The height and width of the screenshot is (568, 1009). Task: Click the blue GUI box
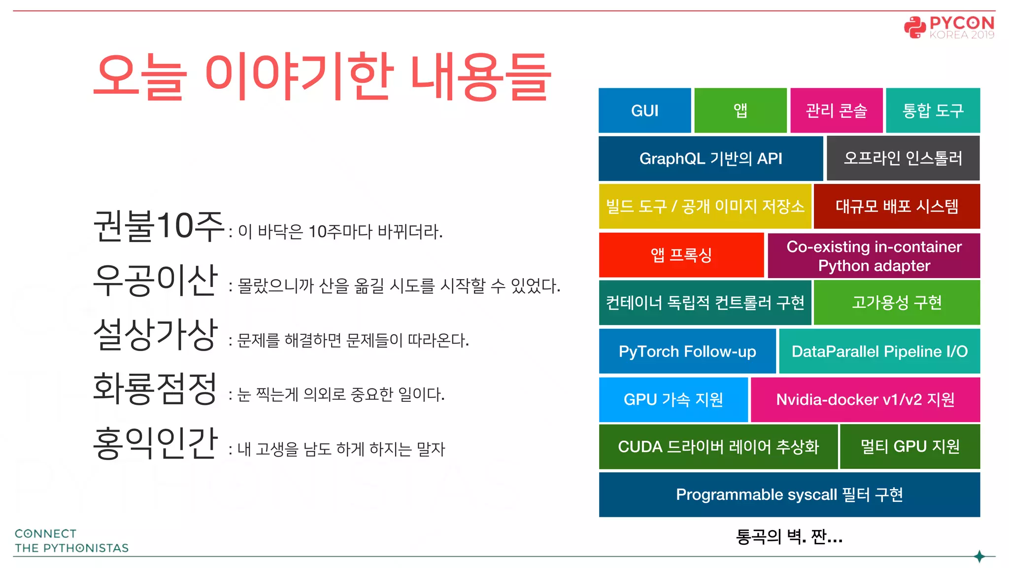[644, 110]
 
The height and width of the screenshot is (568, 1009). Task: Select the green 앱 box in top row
[740, 110]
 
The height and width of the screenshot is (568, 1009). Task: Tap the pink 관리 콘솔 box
[836, 110]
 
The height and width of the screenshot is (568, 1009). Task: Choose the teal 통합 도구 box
[933, 110]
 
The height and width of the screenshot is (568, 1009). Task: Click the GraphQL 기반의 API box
[710, 158]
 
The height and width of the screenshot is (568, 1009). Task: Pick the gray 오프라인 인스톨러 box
[903, 158]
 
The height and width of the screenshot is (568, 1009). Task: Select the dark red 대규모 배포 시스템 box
[897, 206]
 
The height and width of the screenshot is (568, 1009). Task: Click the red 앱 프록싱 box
[681, 255]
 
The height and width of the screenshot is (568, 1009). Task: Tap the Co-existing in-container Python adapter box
[874, 256]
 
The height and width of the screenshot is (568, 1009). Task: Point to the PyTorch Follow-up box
[687, 351]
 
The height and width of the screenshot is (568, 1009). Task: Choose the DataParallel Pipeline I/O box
[879, 351]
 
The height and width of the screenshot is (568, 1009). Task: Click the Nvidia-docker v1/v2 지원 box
[865, 399]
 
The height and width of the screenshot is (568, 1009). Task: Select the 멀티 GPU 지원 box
[909, 447]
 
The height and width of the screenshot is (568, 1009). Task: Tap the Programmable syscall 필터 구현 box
[789, 495]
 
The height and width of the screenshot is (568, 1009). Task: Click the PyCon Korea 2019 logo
[949, 28]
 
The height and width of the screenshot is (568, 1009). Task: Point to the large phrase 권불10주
[159, 226]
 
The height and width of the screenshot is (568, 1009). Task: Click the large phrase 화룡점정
[155, 389]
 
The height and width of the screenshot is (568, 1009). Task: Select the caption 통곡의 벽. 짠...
[789, 536]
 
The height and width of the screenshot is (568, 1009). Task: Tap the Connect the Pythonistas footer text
[71, 541]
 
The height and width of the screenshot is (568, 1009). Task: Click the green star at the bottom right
[979, 557]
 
